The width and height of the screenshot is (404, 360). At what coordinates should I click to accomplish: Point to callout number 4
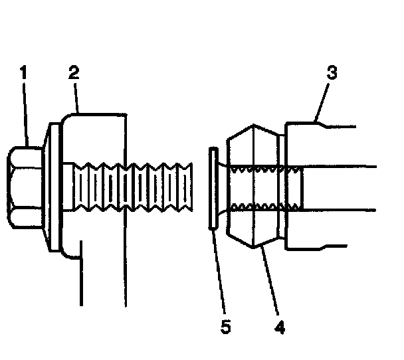281,327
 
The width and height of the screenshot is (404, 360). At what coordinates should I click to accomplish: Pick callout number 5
226,327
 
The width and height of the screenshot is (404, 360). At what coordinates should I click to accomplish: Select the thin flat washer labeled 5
212,189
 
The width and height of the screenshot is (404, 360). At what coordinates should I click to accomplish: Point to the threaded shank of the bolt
133,189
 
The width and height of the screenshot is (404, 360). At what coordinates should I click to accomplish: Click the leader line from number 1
27,113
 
